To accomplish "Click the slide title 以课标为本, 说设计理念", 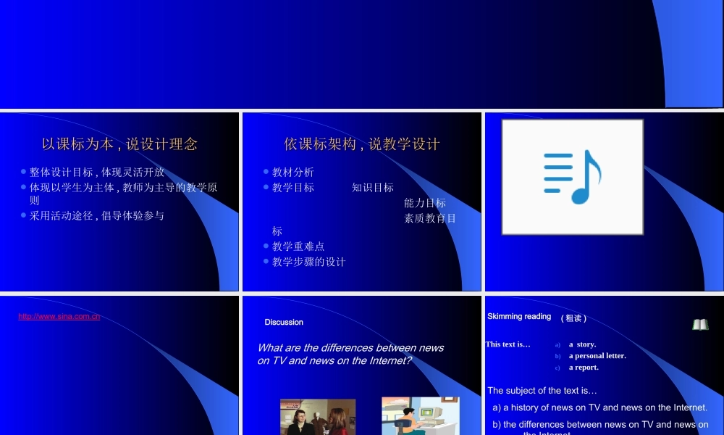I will click(x=119, y=144).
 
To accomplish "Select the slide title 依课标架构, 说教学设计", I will click(x=362, y=144).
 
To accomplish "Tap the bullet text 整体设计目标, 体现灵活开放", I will click(x=97, y=173).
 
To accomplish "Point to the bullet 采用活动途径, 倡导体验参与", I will click(x=97, y=216).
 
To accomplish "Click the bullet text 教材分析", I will click(x=293, y=173).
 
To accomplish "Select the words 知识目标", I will click(x=373, y=188).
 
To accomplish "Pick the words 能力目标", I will click(x=425, y=203).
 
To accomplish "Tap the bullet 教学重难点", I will click(x=298, y=246).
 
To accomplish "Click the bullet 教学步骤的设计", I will click(x=309, y=262).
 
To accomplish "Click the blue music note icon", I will click(x=573, y=177).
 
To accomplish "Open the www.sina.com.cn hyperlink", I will click(x=59, y=317).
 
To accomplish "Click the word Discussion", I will click(x=284, y=323).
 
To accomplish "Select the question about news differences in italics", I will click(x=350, y=354).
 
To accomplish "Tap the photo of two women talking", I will click(x=318, y=418).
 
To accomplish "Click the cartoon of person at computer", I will click(x=420, y=417).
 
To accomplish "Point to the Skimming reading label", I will click(x=519, y=317).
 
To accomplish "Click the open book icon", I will click(x=700, y=325).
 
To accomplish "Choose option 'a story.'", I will click(x=582, y=344).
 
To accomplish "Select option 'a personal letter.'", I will click(x=597, y=356).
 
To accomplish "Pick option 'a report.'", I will click(x=584, y=368).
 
